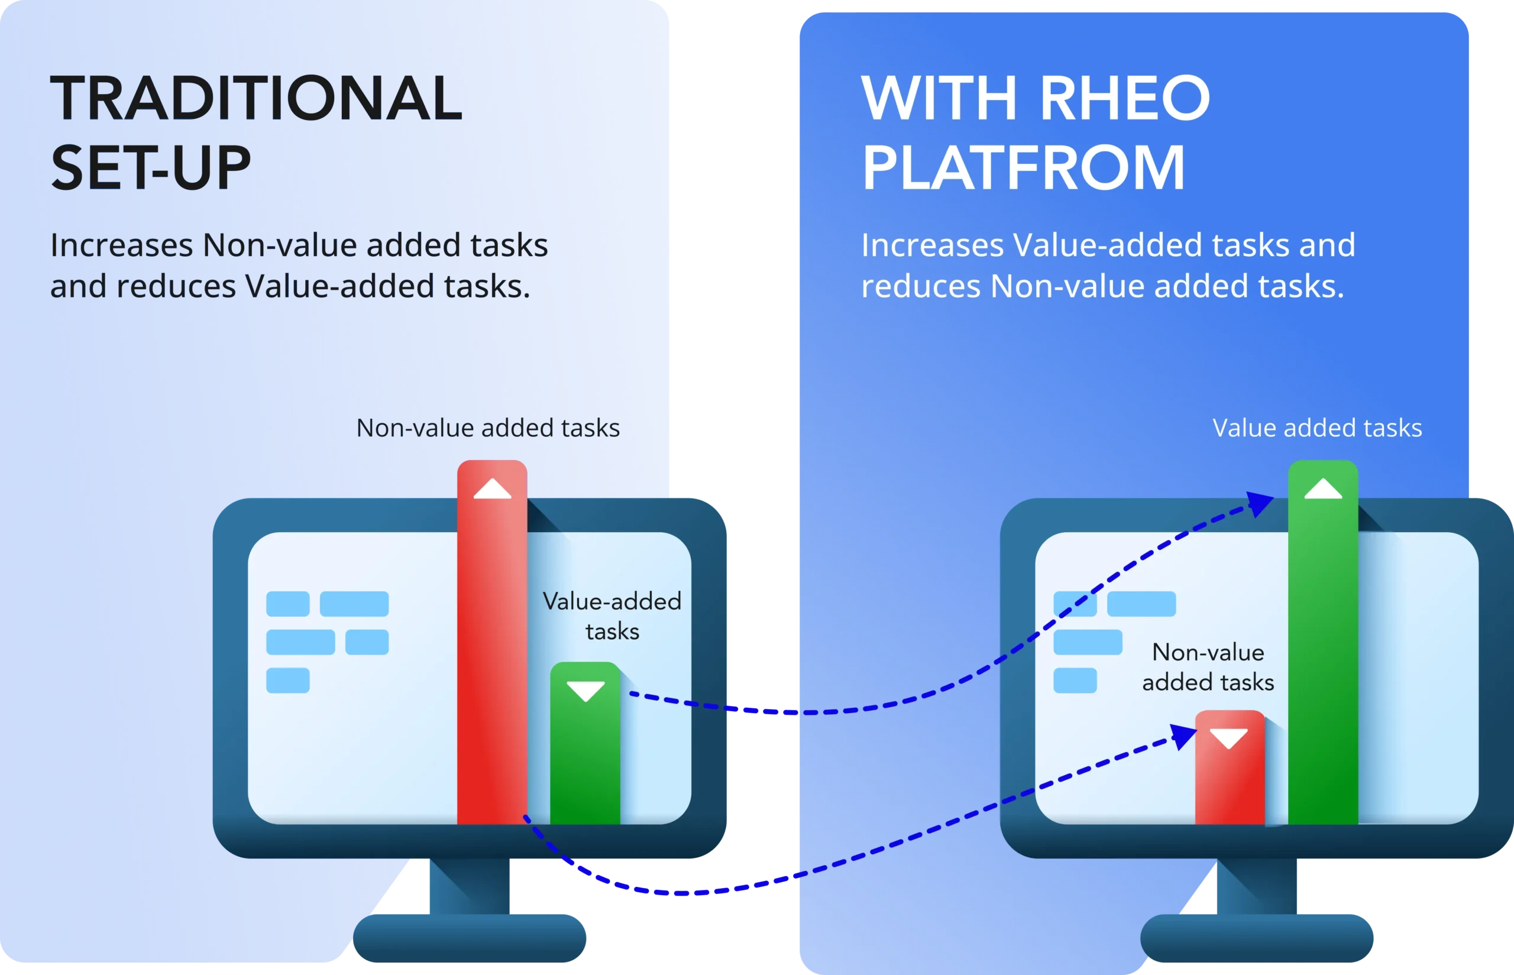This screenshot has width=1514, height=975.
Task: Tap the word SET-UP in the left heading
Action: coord(151,167)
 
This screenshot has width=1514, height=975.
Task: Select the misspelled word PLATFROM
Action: coord(1023,167)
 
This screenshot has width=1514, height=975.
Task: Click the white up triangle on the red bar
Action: coord(492,489)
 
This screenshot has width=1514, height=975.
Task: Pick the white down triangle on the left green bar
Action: coord(585,690)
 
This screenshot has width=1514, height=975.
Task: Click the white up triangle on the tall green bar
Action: coord(1323,489)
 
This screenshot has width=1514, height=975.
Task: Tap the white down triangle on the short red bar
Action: coord(1228,737)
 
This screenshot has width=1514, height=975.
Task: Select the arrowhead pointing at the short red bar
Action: coord(1183,736)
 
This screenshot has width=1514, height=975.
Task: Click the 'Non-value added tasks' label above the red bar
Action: coord(487,428)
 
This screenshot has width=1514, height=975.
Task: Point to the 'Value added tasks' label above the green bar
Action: coord(1317,428)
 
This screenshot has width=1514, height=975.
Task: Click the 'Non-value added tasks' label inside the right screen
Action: coord(1208,668)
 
